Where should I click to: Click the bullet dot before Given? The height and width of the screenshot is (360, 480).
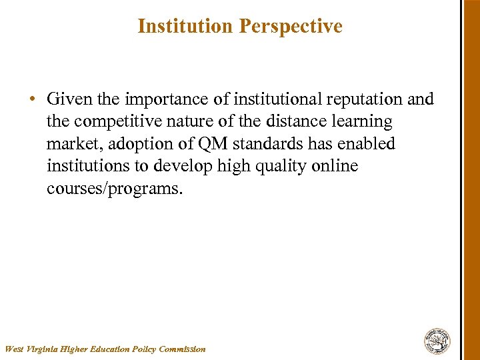click(32, 100)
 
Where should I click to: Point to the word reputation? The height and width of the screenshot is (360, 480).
click(365, 99)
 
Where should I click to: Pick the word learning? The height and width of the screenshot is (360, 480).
click(359, 122)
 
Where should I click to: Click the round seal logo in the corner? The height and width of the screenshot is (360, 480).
click(437, 341)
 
